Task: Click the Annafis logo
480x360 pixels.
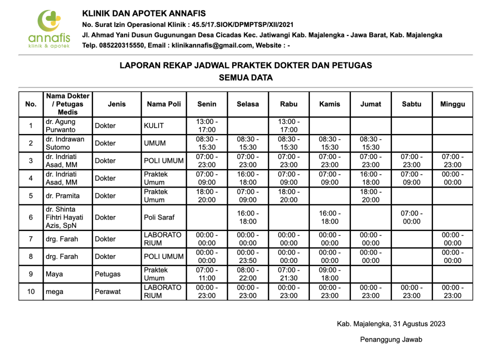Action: (x=49, y=29)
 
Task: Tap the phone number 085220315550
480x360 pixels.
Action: (x=122, y=45)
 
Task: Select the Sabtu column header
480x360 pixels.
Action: (x=411, y=104)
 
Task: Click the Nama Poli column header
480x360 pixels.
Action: (x=164, y=104)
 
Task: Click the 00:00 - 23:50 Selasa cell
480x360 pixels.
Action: (x=248, y=256)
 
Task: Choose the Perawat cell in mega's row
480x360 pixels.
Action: (x=108, y=291)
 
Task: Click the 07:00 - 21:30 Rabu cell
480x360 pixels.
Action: (x=289, y=274)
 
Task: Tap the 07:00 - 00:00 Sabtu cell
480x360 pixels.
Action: (x=411, y=217)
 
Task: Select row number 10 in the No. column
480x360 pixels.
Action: (x=31, y=291)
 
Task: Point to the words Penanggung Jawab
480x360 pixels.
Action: (x=391, y=340)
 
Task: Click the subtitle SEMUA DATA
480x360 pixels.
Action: (x=245, y=77)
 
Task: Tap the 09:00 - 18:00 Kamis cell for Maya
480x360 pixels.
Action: (x=329, y=274)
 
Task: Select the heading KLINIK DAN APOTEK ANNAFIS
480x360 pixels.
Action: (x=144, y=13)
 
